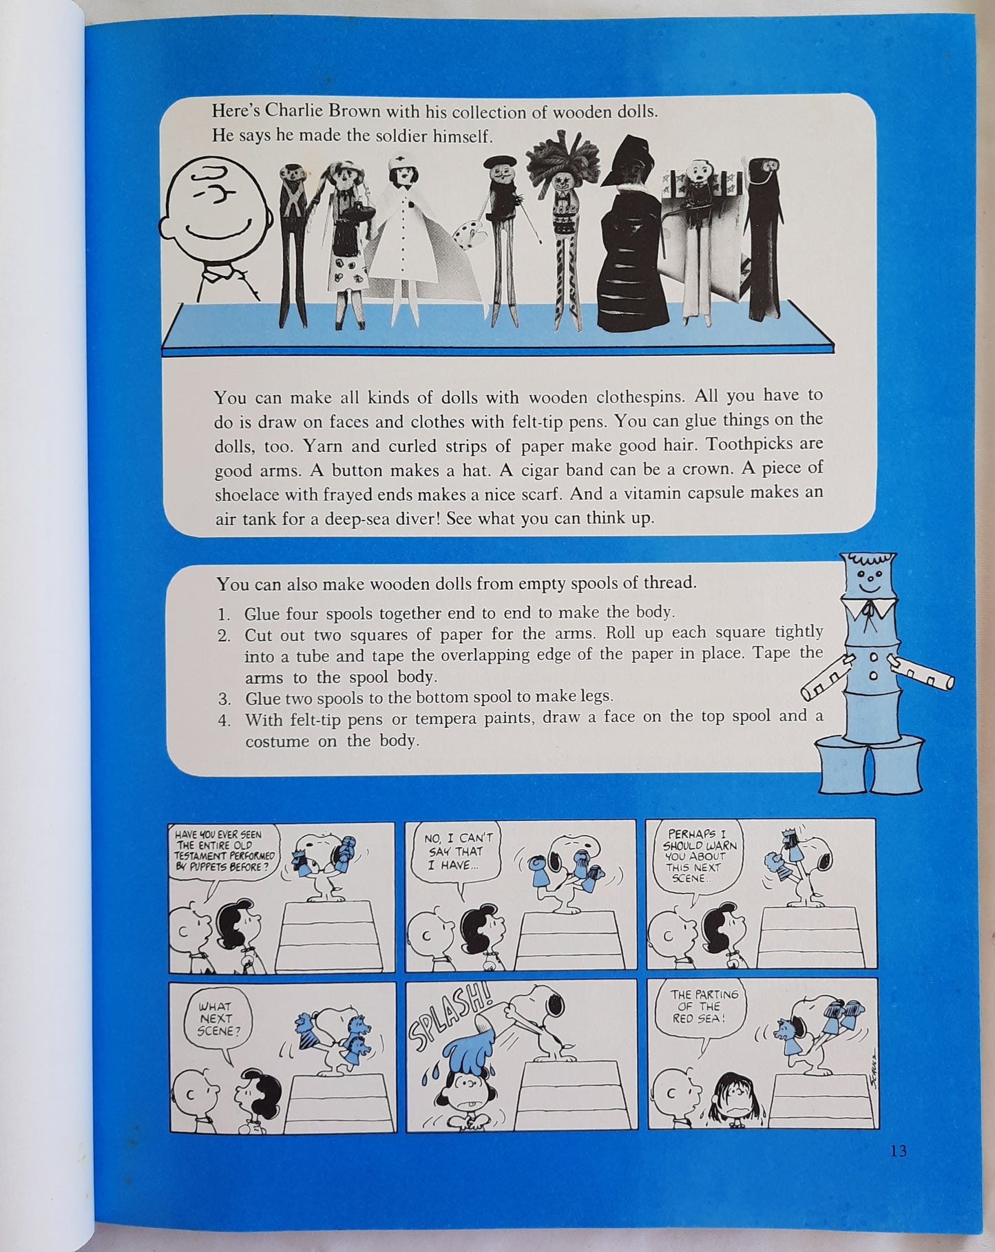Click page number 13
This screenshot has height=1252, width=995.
pos(898,1151)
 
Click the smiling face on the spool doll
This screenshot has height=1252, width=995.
pos(868,583)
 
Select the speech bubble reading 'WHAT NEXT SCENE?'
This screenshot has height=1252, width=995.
pos(216,1020)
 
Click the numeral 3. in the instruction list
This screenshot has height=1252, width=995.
pos(224,699)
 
